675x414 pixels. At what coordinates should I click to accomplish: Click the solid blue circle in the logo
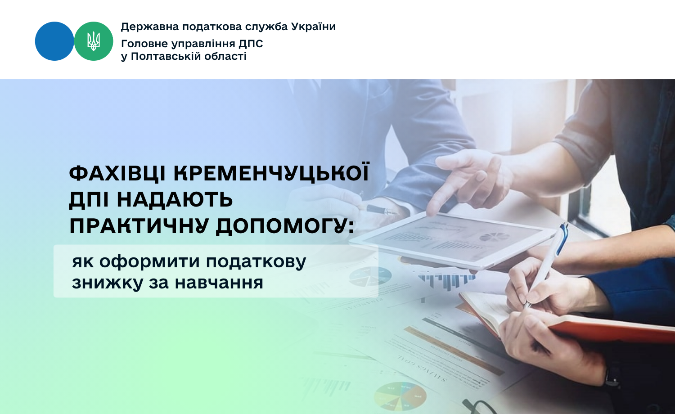click(54, 41)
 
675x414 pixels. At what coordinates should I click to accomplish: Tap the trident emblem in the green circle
click(94, 41)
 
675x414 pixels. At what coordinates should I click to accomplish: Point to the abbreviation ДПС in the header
click(251, 44)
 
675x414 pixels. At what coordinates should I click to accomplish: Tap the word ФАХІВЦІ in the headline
click(117, 174)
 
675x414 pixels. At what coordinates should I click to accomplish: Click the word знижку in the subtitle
click(107, 283)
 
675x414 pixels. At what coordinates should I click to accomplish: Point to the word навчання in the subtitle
click(219, 283)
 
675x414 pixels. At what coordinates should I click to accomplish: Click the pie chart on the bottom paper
click(400, 396)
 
